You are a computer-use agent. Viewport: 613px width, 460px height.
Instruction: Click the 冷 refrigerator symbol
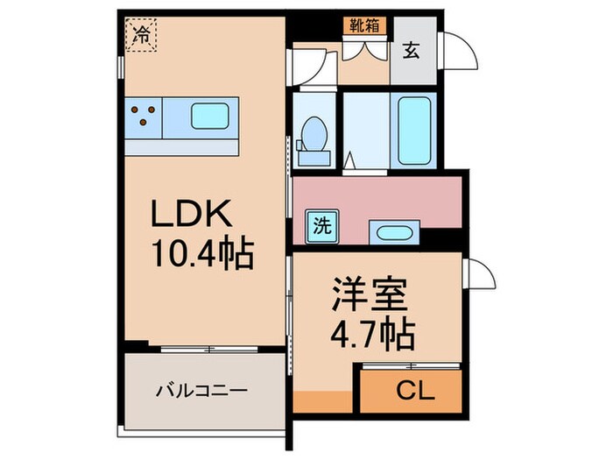pyautogui.click(x=140, y=36)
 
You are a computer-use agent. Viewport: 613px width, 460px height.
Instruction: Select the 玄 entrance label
pyautogui.click(x=411, y=50)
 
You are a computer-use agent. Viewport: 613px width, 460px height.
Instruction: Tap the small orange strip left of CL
pyautogui.click(x=323, y=402)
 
